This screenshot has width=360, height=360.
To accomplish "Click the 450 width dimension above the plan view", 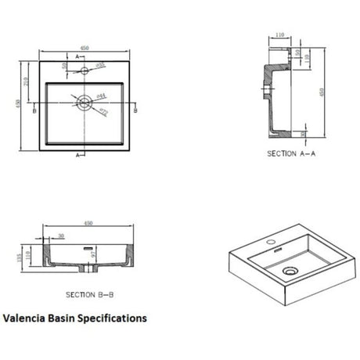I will coord(84,47).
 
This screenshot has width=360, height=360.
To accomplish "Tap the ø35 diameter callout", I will coord(100,65).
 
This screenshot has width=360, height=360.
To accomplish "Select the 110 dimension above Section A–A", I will coord(279,35).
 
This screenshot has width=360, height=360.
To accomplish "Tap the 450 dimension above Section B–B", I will coord(88,224).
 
